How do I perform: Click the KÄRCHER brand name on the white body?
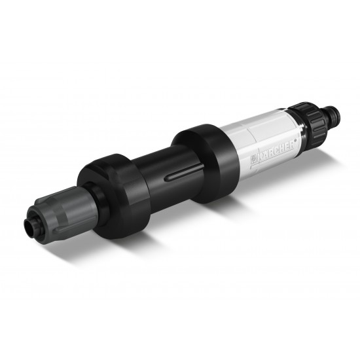click(x=276, y=152)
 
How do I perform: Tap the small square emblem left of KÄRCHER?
click(x=253, y=160)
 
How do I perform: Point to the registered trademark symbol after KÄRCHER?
click(x=295, y=140)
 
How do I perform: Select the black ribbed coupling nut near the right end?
click(x=309, y=121)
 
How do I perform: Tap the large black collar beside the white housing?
click(x=205, y=163)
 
